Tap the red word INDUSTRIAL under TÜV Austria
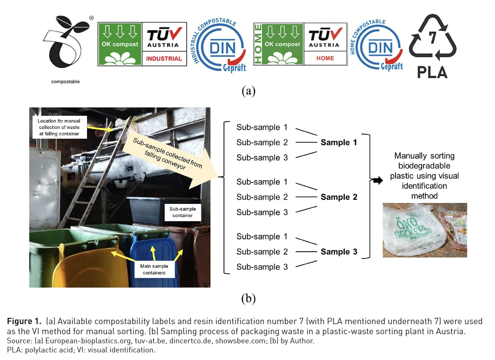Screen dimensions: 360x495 tap(164, 59)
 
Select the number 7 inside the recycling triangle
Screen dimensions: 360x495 tap(433, 37)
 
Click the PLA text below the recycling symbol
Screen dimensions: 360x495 tap(432, 72)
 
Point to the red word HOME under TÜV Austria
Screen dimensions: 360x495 tap(325, 58)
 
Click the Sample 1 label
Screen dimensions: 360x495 tap(339, 143)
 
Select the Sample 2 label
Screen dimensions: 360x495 tap(339, 197)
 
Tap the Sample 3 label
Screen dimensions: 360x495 tap(339, 252)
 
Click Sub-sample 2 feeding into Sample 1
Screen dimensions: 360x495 tap(262, 143)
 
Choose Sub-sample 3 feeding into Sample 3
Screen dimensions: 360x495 tap(262, 267)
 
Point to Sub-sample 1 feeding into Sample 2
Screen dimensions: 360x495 tap(262, 182)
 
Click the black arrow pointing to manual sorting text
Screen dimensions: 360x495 tap(377, 180)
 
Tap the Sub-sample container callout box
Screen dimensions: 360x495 tap(182, 212)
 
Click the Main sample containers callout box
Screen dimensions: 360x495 tap(154, 269)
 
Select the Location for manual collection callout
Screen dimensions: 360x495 tap(59, 127)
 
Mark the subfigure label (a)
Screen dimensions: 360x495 tap(248, 91)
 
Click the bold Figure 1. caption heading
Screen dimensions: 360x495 tap(24, 321)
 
